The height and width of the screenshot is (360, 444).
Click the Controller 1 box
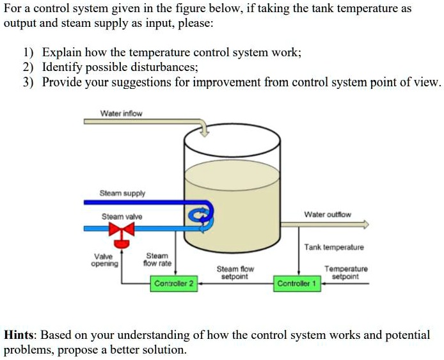(297, 283)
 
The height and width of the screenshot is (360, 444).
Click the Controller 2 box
(174, 283)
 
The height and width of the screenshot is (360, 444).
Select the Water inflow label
(121, 114)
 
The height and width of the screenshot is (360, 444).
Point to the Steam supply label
(122, 193)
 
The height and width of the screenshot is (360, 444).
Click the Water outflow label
(327, 214)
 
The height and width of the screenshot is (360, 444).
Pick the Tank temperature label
(334, 247)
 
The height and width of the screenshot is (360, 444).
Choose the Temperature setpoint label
(346, 273)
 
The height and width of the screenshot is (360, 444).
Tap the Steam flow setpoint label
(235, 273)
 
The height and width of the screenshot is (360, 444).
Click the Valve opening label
(105, 260)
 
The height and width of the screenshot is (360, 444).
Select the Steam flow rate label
(157, 260)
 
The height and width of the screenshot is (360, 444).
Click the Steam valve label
(122, 217)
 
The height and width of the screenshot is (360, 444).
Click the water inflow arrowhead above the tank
(205, 132)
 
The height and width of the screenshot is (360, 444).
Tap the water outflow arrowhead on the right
(366, 224)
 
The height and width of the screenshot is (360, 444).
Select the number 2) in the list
(28, 67)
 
